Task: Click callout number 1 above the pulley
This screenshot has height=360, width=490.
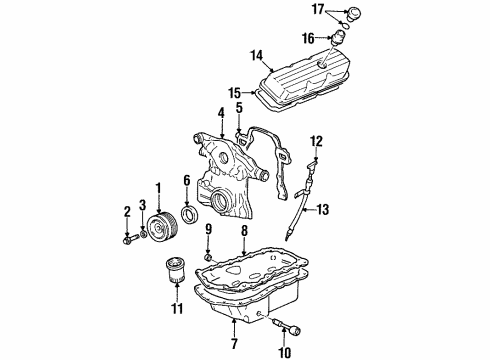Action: coord(157,187)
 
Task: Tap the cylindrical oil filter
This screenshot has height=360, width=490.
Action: coord(176,273)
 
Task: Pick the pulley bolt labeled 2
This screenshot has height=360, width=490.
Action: coord(128,240)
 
